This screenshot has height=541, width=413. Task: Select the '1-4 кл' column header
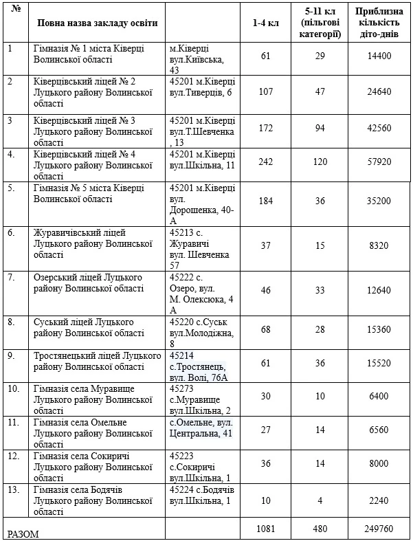point(265,23)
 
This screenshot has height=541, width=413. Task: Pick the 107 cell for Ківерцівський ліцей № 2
point(265,91)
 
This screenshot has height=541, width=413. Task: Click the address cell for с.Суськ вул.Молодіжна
point(202,333)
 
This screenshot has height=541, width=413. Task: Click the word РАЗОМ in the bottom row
point(23,533)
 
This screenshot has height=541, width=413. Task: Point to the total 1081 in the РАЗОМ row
point(265,529)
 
